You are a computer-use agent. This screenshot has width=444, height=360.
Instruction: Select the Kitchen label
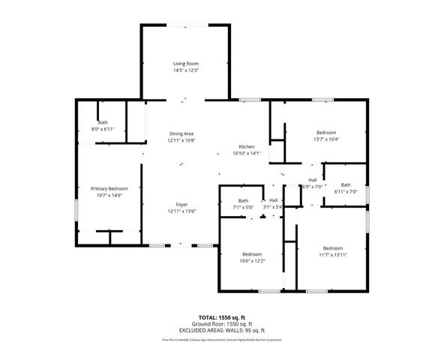point(247,146)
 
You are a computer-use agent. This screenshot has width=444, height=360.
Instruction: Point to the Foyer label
point(181,205)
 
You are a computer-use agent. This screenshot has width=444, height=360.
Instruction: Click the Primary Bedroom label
point(109,188)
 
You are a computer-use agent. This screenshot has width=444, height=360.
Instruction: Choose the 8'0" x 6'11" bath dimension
point(103,130)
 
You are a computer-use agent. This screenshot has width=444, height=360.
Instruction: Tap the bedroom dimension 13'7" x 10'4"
point(325,139)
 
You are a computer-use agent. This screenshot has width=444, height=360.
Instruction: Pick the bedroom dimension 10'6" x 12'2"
point(252,260)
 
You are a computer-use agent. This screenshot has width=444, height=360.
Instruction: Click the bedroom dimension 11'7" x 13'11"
point(332,255)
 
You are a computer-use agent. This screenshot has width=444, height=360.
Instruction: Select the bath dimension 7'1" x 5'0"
point(244,207)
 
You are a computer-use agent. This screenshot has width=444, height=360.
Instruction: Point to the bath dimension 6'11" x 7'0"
point(346,191)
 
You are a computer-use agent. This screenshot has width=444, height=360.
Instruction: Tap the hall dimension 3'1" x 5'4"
point(274,207)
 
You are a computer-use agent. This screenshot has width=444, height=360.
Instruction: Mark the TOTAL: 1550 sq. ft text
point(221,318)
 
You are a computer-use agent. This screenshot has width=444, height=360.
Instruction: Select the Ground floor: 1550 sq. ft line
point(221,324)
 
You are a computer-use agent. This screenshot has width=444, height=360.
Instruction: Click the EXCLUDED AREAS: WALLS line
point(221,331)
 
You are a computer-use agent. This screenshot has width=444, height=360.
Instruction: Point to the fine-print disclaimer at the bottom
point(221,340)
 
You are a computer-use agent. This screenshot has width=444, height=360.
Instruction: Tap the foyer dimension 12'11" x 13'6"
point(181,211)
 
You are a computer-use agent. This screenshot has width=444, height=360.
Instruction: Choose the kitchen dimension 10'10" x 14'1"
point(247,153)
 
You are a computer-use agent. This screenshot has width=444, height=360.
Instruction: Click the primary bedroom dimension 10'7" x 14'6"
point(109,195)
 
